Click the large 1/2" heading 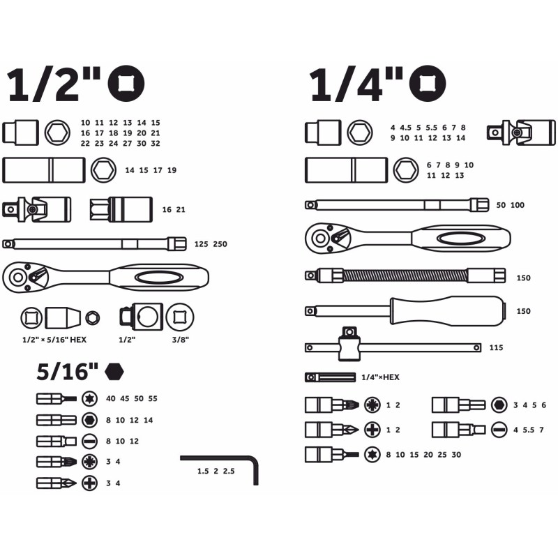click(x=54, y=84)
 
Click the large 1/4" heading click(x=356, y=84)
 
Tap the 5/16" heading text click(x=67, y=371)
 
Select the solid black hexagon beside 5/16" click(x=114, y=372)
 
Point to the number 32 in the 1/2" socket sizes click(x=156, y=144)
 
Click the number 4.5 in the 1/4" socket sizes click(x=405, y=128)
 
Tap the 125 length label click(x=201, y=244)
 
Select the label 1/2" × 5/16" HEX click(x=54, y=340)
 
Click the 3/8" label click(x=181, y=340)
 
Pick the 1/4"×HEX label click(x=380, y=377)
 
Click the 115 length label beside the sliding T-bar click(x=496, y=347)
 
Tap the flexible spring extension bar click(x=405, y=276)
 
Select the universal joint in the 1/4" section click(x=521, y=133)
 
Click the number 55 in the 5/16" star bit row click(x=153, y=398)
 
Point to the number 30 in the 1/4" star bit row click(x=456, y=455)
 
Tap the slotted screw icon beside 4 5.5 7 click(x=499, y=430)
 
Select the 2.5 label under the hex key click(x=229, y=472)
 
